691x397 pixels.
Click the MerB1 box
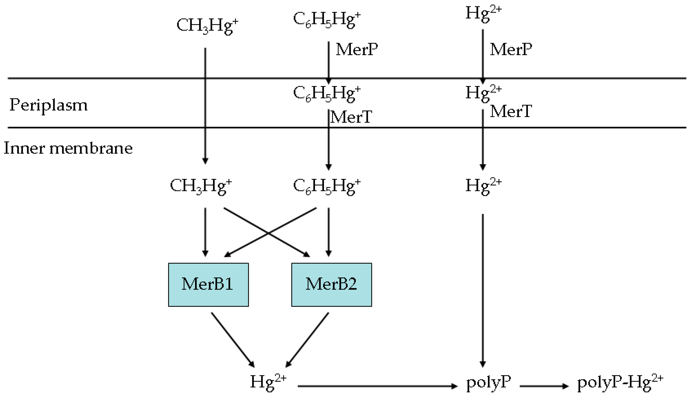coord(208,284)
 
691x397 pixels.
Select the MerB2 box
coord(331,284)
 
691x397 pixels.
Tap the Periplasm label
coord(48,105)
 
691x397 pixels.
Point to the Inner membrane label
coord(68,149)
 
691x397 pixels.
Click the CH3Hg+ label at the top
coord(207,26)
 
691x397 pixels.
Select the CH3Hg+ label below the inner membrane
coord(201,186)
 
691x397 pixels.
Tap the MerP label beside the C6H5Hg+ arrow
coord(356,50)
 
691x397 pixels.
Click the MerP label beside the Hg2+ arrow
coord(511,50)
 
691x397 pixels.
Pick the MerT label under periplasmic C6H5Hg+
coord(351,117)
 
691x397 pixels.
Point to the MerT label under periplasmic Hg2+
coord(511,111)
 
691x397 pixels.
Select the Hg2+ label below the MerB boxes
coord(268,382)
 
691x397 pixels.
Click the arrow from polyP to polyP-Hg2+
coord(544,386)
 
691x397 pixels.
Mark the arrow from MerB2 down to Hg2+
coord(308,340)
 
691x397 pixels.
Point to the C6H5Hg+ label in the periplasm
coord(327,94)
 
